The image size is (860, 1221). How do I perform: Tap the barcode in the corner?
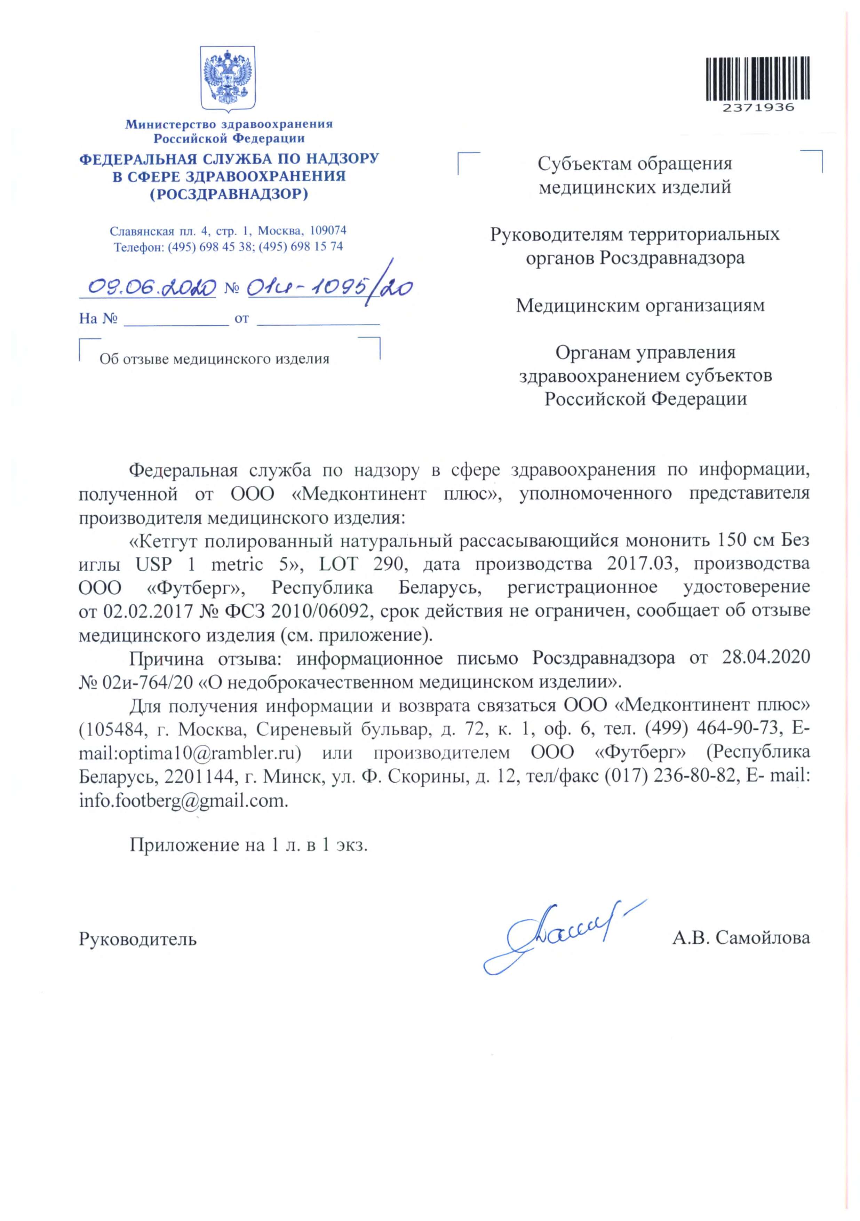757,79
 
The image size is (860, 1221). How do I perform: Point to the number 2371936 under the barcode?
757,108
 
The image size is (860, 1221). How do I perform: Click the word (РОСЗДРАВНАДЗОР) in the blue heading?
229,195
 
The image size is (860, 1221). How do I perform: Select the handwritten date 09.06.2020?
152,288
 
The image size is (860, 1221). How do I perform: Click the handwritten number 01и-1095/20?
330,288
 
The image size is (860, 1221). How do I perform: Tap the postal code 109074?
328,231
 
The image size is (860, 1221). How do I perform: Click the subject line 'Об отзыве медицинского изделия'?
214,359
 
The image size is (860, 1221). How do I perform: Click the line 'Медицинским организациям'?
640,306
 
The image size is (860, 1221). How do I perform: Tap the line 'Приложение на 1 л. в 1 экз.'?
248,845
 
